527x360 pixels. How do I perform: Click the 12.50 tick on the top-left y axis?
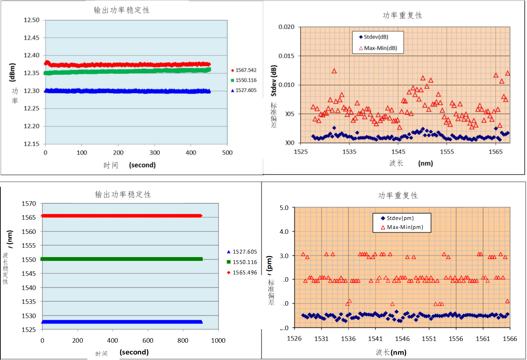coord(32,20)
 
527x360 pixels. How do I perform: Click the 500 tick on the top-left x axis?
coord(227,153)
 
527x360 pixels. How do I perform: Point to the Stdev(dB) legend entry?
coord(376,37)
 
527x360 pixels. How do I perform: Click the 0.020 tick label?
coord(287,27)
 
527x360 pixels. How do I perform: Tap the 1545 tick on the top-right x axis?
coord(398,152)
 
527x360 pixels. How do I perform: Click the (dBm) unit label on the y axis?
coord(12,72)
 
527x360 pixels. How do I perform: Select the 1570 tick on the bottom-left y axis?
coord(29,204)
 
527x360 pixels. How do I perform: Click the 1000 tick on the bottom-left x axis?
coord(218,341)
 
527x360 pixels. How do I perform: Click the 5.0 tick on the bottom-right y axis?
coord(284,208)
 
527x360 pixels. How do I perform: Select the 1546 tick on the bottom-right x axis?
coord(402,339)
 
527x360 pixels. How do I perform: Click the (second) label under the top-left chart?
coord(142,165)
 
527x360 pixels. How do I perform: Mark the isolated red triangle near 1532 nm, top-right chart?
coord(334,71)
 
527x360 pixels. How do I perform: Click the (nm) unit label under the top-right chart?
coord(425,164)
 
